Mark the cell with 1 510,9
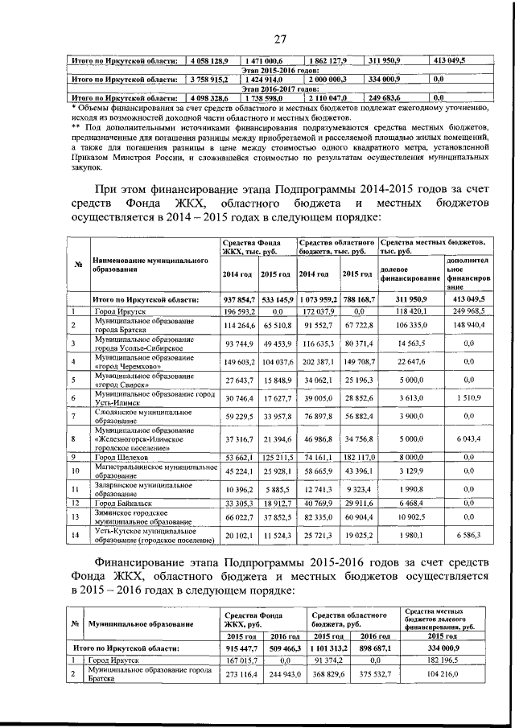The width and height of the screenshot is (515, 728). tap(467, 397)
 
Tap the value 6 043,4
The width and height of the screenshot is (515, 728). tap(467, 441)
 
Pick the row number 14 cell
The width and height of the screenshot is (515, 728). tap(73, 536)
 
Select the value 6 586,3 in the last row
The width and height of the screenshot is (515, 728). tap(467, 536)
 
